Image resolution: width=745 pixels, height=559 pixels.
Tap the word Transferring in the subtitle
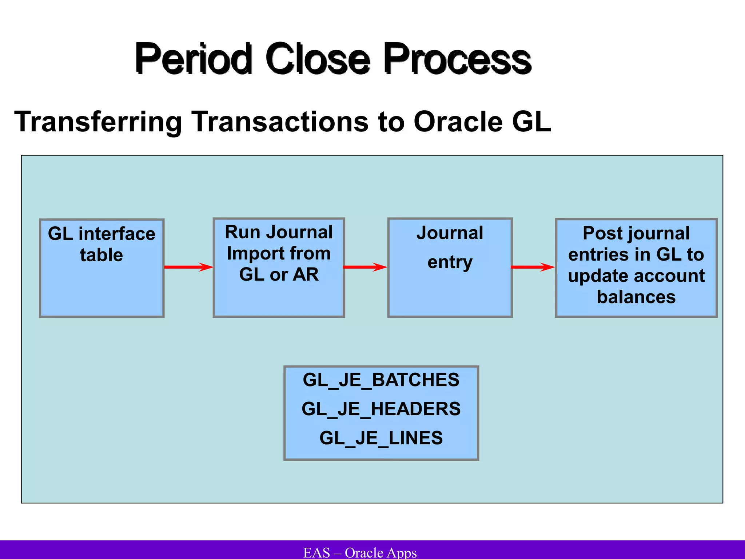98,122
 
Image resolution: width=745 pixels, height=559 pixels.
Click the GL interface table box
101,268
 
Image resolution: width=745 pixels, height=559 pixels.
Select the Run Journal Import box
279,268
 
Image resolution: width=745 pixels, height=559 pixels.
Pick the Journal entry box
450,268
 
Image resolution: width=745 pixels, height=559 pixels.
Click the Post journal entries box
636,268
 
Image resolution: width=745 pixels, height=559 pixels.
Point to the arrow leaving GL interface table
188,267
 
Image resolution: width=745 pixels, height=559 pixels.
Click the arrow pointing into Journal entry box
365,267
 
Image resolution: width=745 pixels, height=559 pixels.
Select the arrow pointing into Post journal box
533,267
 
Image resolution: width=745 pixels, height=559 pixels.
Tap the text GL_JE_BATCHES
381,380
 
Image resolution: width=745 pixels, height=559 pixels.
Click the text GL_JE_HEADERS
381,409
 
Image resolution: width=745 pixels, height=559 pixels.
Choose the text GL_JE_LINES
381,438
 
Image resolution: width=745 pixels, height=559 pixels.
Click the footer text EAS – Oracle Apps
360,552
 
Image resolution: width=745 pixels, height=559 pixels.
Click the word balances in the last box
636,297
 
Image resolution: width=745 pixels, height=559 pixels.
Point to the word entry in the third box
450,262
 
